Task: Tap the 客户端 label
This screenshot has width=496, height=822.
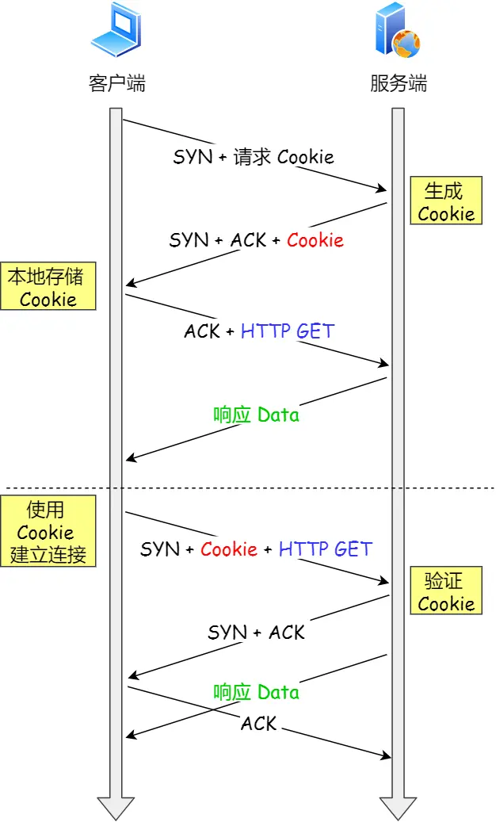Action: pos(116,83)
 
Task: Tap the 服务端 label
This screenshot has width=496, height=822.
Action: pos(398,83)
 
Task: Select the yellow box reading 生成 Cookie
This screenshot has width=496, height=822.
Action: pos(445,202)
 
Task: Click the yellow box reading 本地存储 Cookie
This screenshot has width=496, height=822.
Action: pos(48,288)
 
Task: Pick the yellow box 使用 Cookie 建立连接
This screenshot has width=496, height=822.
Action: pos(48,532)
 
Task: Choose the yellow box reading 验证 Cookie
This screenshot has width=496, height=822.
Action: pos(445,592)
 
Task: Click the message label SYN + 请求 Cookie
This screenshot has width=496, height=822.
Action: pos(254,157)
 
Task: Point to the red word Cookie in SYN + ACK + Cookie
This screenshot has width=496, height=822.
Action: pos(315,240)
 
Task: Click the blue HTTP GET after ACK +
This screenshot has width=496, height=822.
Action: pos(288,331)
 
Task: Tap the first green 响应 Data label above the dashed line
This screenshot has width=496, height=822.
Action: pos(256,415)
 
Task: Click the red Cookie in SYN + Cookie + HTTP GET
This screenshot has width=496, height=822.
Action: pos(229,549)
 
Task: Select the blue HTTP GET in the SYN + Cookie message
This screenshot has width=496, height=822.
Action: pos(325,549)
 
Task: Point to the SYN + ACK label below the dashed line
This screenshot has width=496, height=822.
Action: pos(256,632)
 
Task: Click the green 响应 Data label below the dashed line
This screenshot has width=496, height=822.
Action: pos(256,692)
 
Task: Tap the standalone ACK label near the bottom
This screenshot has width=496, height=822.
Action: pos(258,723)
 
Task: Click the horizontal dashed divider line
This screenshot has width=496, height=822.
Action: pos(254,487)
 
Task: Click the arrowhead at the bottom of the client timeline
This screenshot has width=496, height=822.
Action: pos(116,807)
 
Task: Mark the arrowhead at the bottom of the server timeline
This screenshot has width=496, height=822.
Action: pos(398,807)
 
